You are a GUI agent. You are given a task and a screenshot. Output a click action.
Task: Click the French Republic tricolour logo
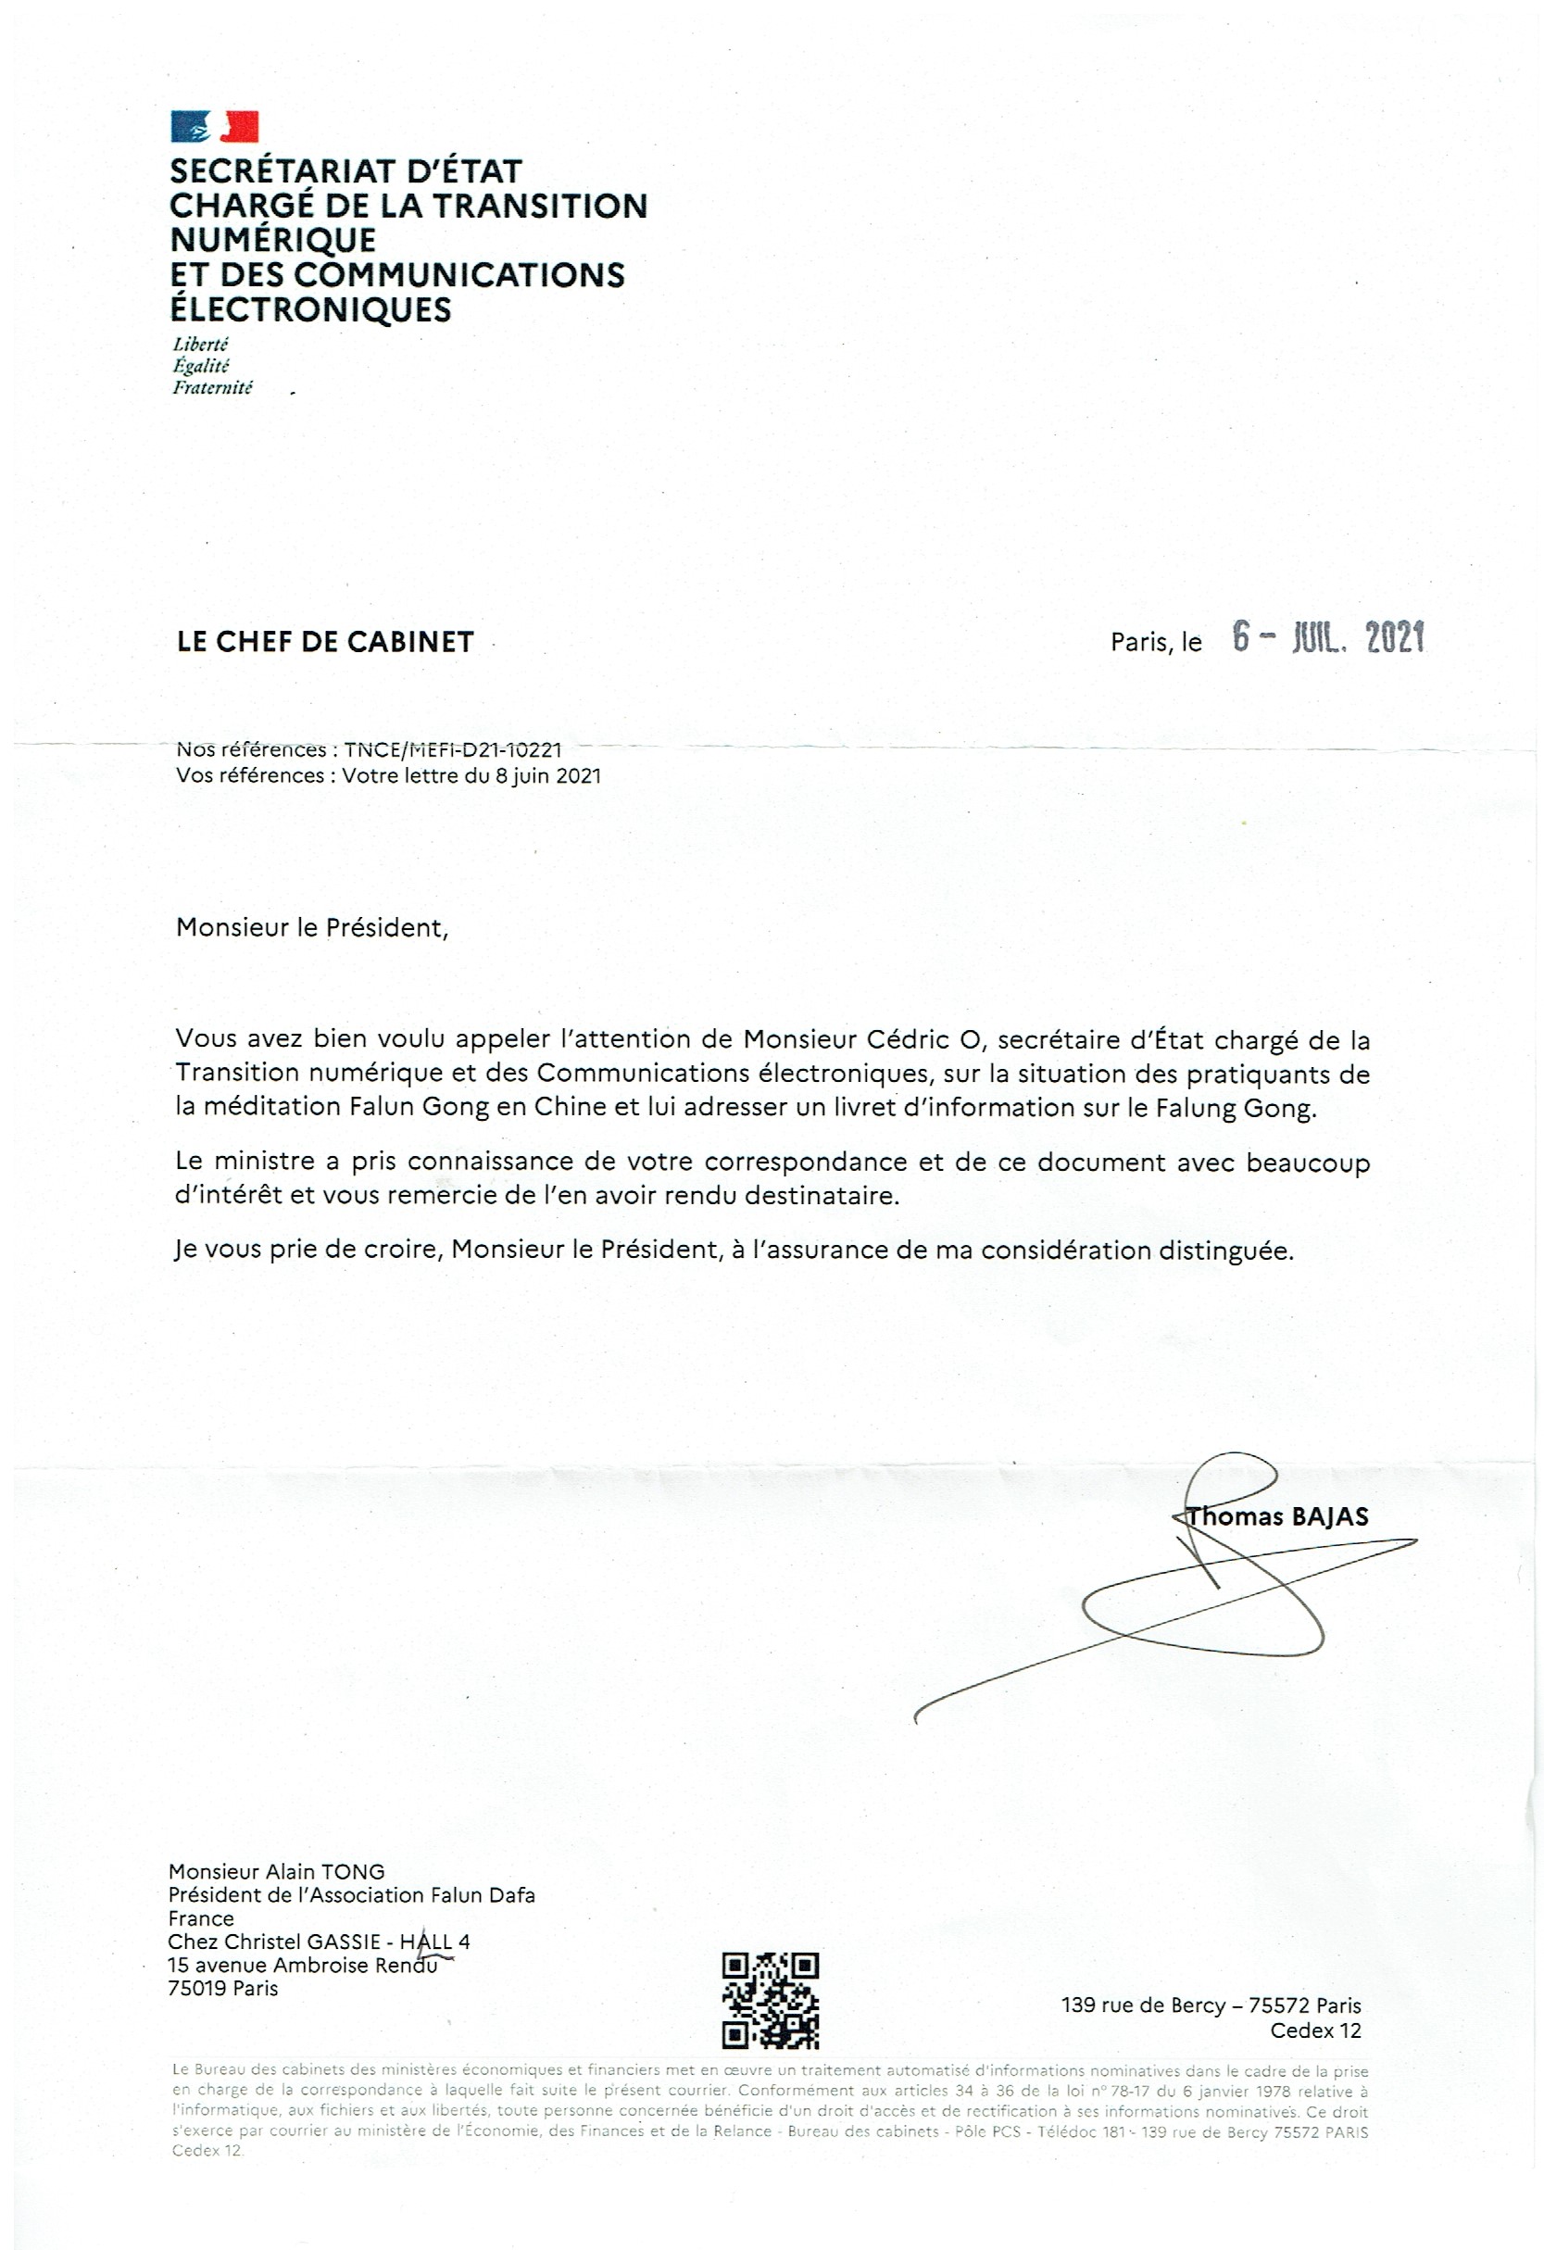pos(214,127)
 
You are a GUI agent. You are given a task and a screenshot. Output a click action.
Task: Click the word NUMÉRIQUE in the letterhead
pos(273,240)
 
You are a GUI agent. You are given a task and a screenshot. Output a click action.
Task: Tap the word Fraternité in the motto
pos(212,387)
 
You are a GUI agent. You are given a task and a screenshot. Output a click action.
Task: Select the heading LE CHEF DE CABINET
pos(325,642)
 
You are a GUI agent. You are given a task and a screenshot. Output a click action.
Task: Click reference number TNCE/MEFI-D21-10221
pos(452,749)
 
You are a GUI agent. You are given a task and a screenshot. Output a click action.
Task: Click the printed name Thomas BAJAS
pos(1278,1517)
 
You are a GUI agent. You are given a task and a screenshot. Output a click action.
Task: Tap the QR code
pos(771,2001)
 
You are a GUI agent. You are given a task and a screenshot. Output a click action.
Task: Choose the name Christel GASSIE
pos(301,1942)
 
